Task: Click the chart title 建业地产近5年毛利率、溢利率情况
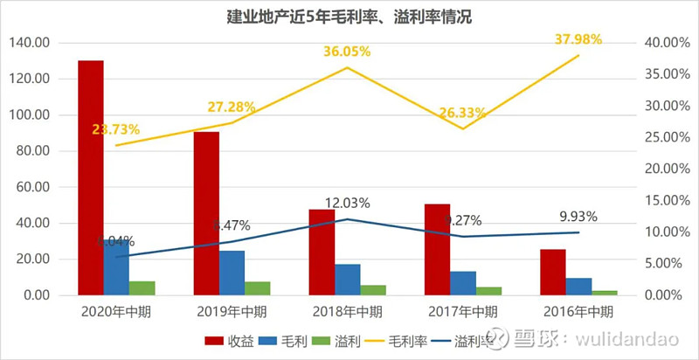[x=349, y=17]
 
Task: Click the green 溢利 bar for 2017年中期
[x=488, y=291]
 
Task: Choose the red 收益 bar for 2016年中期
[x=552, y=272]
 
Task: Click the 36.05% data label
[x=347, y=52]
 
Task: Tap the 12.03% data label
[x=347, y=203]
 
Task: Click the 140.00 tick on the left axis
[x=30, y=42]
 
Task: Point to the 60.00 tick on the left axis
[x=33, y=187]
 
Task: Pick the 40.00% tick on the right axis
[x=662, y=42]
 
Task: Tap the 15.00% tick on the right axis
[x=662, y=200]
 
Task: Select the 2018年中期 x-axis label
[x=347, y=311]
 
